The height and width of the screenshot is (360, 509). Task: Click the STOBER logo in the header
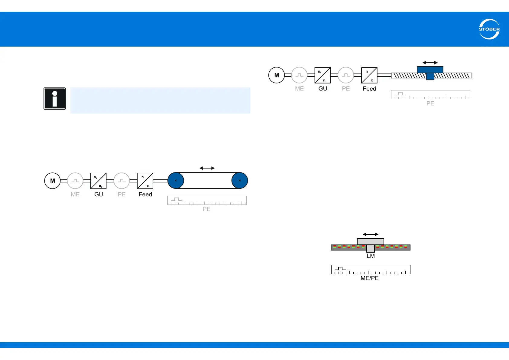click(x=489, y=29)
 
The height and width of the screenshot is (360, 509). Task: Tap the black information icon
click(x=55, y=99)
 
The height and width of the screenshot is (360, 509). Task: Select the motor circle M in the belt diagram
click(x=53, y=181)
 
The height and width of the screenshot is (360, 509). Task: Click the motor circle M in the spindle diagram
click(x=277, y=75)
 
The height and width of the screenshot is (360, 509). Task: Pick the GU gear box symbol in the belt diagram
click(x=99, y=181)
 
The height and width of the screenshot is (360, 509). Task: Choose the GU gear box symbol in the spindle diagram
click(x=323, y=75)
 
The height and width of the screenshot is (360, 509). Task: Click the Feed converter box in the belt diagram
click(x=145, y=181)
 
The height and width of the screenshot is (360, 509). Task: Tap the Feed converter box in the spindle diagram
click(x=369, y=75)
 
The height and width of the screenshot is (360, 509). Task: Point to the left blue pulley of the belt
click(x=176, y=181)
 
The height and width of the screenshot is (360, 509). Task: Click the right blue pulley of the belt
click(x=240, y=181)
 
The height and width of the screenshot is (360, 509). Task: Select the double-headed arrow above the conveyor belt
click(x=207, y=168)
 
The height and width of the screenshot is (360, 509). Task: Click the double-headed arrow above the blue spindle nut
click(x=430, y=63)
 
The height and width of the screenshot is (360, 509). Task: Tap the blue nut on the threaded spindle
click(x=430, y=72)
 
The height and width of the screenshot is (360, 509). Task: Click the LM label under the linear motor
click(x=371, y=256)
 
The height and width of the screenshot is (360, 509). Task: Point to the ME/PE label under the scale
click(x=370, y=278)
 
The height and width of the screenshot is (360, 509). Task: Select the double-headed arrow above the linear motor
click(x=371, y=234)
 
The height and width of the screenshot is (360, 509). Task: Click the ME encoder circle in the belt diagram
click(x=75, y=181)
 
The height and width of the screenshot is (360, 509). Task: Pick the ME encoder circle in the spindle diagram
click(x=299, y=75)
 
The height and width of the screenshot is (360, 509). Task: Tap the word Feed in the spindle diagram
click(x=369, y=89)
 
